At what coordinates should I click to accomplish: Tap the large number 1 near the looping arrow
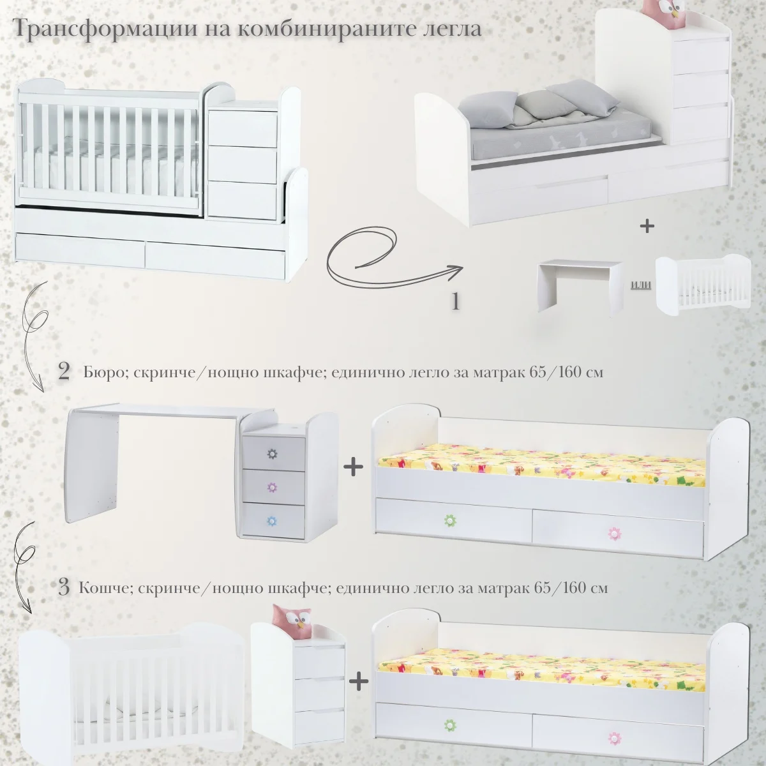click(456, 301)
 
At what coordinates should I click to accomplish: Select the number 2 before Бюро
click(64, 372)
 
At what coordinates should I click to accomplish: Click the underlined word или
click(641, 284)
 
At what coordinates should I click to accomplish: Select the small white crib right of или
click(703, 286)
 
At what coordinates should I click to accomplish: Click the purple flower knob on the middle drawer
click(273, 487)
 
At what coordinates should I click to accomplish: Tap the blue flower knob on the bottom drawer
click(273, 521)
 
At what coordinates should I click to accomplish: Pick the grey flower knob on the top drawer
click(273, 454)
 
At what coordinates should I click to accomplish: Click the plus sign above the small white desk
click(647, 226)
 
